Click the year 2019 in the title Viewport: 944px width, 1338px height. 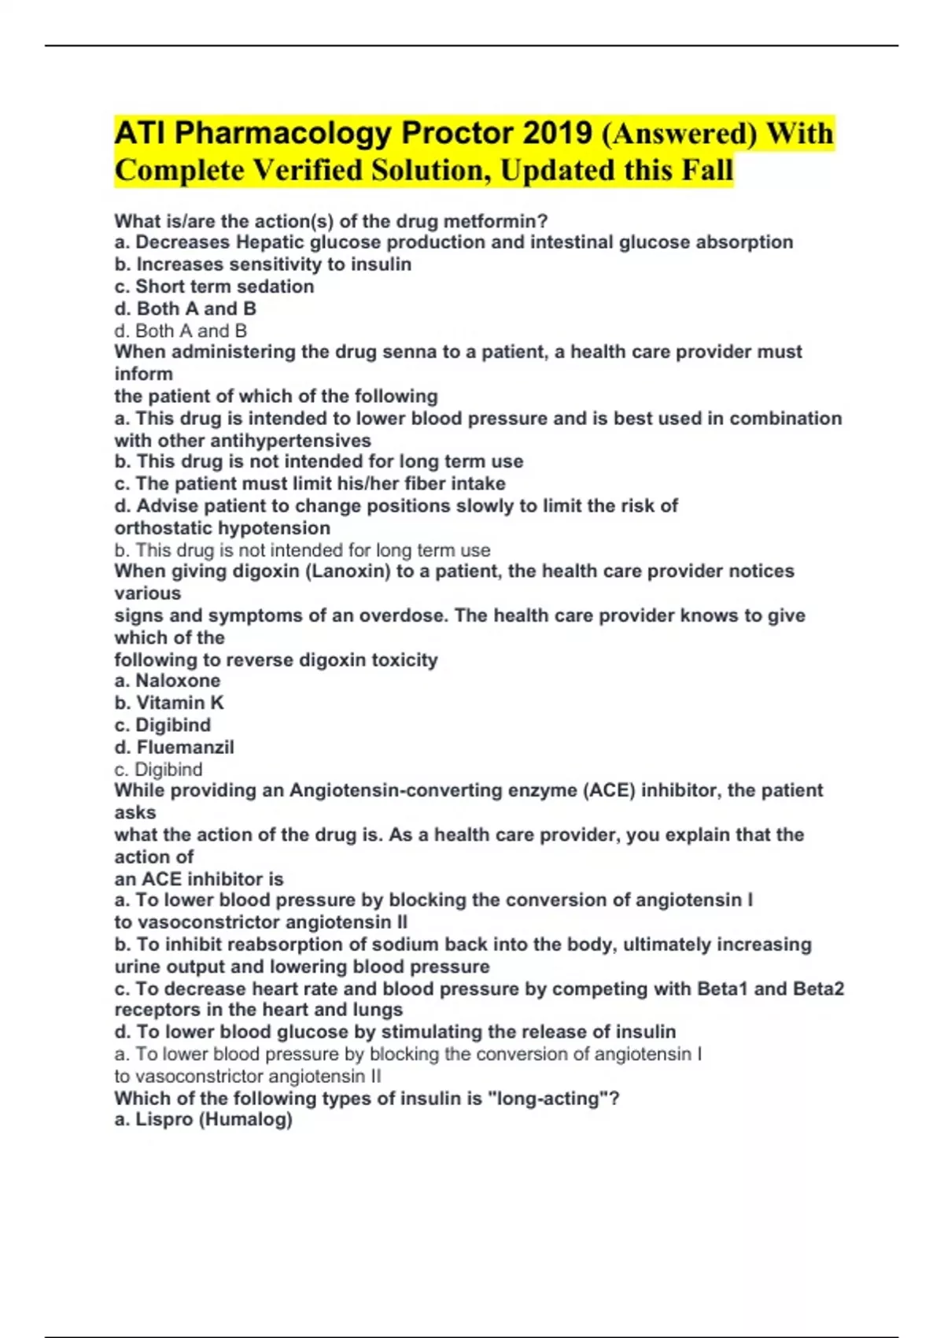(x=557, y=133)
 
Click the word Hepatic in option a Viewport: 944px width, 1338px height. (x=271, y=242)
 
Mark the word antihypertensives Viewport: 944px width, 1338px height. (x=289, y=441)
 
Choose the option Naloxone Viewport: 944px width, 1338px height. (x=178, y=681)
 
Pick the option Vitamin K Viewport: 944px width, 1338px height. (x=180, y=703)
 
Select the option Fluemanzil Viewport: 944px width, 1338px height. (x=185, y=747)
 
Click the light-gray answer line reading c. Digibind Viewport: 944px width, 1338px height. (x=159, y=769)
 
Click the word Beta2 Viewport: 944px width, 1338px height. (x=818, y=989)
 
